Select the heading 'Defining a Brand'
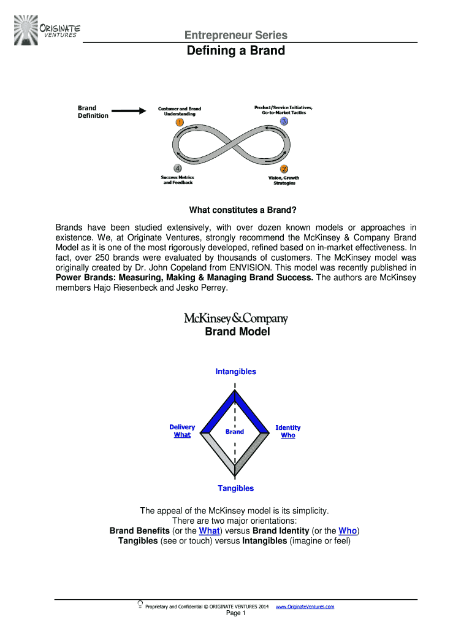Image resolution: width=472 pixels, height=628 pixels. pos(236,51)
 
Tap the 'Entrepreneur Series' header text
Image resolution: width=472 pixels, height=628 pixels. pos(236,35)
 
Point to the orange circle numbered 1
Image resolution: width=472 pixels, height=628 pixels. pos(179,123)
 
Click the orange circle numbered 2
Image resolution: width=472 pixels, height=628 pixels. pos(284,169)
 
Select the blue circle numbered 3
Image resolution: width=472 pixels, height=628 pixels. pos(284,122)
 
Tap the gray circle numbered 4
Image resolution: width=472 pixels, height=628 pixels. pos(178,168)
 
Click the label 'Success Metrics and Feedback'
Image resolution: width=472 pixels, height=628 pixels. pos(178,180)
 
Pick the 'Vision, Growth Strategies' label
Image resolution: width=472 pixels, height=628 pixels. pos(284,180)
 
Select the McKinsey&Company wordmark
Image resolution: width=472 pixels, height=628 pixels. pos(236,318)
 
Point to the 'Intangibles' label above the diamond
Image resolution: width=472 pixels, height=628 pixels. pos(235,372)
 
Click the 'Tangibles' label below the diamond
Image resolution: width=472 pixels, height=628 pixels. pos(235,488)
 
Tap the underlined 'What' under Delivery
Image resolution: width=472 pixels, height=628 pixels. pos(182,435)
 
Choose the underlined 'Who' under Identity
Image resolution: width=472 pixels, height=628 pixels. pos(287,435)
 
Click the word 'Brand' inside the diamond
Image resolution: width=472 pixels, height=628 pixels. pos(235,432)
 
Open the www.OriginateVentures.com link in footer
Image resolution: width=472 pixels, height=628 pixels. pos(305,607)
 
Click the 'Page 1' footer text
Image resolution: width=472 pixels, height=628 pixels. pos(236,613)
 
